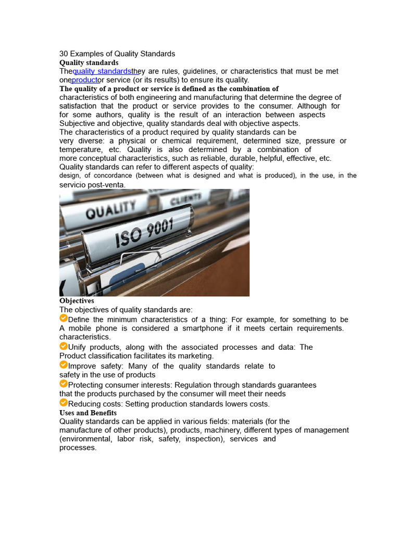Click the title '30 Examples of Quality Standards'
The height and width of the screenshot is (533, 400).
(117, 54)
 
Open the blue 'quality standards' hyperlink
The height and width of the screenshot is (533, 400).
(102, 71)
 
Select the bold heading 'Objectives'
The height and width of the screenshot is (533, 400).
(77, 301)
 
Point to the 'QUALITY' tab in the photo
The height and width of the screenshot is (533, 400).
(110, 211)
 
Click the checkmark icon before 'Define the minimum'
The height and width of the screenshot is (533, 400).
(64, 319)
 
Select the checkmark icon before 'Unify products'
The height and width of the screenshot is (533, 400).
(64, 346)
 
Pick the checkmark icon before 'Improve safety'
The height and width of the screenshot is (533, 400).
(64, 365)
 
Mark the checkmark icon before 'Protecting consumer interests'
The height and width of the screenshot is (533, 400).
(64, 384)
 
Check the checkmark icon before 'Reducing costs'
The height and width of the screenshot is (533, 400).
(64, 403)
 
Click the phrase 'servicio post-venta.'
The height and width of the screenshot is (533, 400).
(92, 185)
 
